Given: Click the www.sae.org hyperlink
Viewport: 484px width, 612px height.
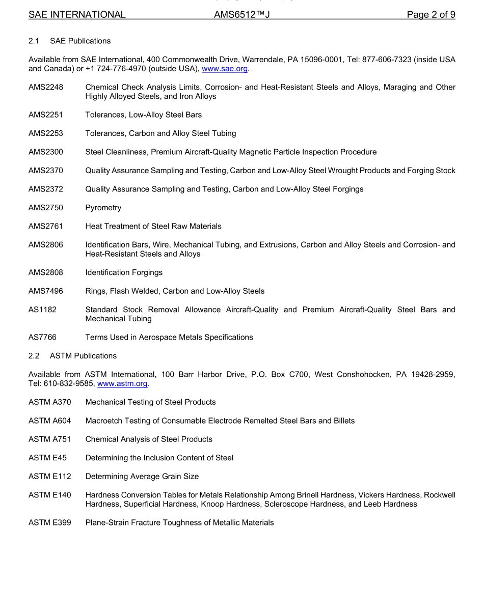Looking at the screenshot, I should [225, 69].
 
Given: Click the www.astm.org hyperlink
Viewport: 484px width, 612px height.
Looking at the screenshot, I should [122, 383].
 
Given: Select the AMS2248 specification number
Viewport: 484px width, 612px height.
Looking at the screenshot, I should [46, 87].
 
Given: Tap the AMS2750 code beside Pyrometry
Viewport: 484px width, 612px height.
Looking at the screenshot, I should [46, 208].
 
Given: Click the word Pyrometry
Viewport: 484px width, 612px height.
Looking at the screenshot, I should [103, 208].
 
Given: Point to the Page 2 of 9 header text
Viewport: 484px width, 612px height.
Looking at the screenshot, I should [431, 15].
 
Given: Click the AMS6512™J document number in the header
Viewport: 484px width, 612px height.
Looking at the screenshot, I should [241, 15].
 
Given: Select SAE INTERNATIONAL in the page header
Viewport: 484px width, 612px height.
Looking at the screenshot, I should [77, 15].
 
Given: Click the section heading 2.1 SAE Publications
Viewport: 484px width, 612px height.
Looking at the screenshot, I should [69, 41].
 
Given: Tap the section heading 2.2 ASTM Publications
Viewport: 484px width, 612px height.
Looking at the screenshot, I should [72, 356].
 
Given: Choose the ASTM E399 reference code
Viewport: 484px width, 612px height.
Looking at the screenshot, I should [50, 522].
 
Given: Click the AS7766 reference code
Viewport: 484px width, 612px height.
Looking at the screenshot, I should [43, 337].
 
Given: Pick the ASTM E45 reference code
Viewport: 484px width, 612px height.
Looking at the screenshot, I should [47, 458].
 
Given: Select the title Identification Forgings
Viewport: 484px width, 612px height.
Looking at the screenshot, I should [124, 272].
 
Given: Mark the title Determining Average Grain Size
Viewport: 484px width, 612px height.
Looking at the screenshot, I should [142, 476].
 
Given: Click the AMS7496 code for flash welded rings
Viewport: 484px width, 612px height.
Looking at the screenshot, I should [46, 291].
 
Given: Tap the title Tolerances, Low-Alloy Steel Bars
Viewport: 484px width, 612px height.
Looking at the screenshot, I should [144, 115].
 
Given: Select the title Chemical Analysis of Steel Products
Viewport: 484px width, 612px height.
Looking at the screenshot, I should [149, 439].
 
